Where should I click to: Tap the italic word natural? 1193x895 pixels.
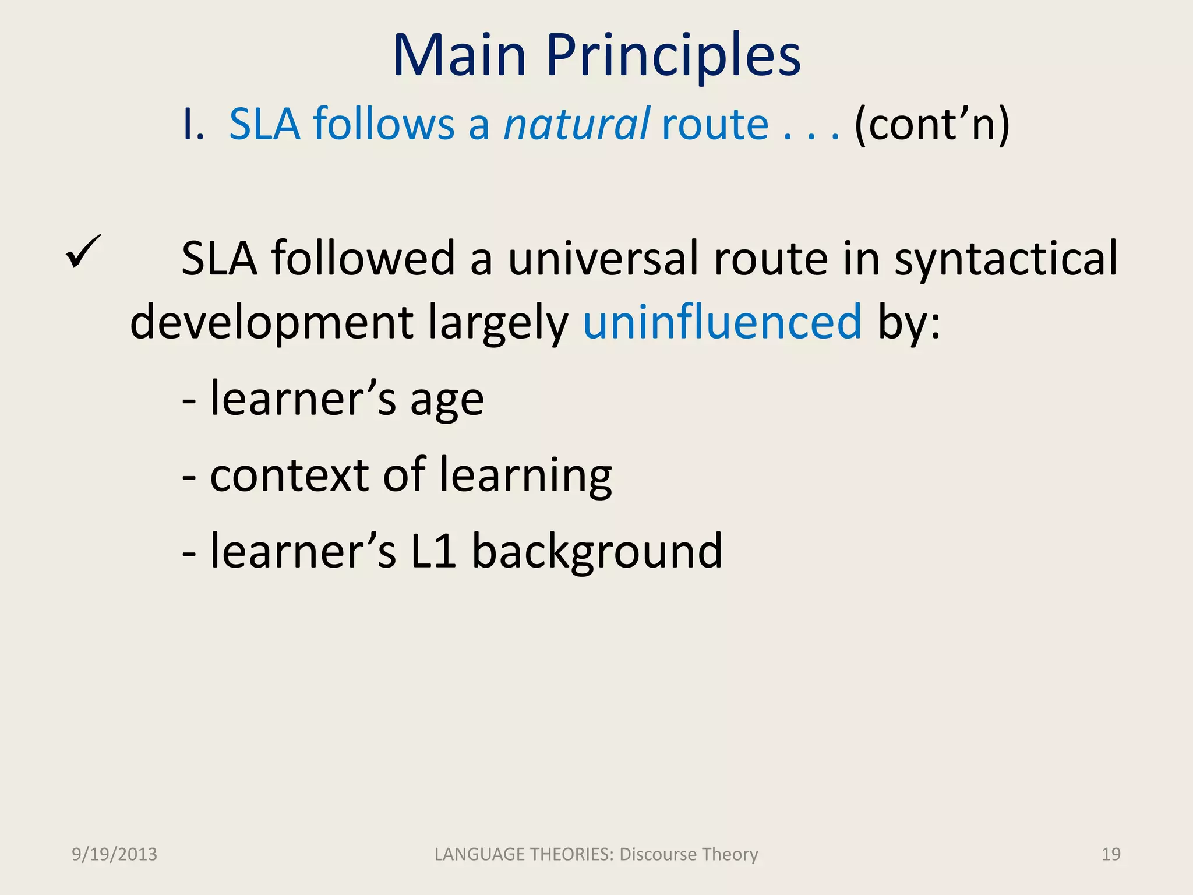[x=576, y=124]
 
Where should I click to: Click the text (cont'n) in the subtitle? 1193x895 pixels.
[x=931, y=125]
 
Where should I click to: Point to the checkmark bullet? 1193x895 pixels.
[x=83, y=252]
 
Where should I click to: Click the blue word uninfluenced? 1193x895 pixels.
[x=722, y=322]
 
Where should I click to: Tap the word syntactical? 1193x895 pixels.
[x=1006, y=259]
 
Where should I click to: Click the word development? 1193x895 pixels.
[x=271, y=323]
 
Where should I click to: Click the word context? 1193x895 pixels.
[x=289, y=475]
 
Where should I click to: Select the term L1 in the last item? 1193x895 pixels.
[x=433, y=551]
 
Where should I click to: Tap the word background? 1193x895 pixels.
[x=597, y=552]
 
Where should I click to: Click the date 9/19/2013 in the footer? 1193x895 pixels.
[x=114, y=854]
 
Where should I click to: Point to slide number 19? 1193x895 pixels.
[x=1111, y=854]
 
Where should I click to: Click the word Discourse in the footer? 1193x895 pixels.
[x=658, y=854]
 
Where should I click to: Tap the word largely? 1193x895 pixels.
[x=498, y=323]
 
